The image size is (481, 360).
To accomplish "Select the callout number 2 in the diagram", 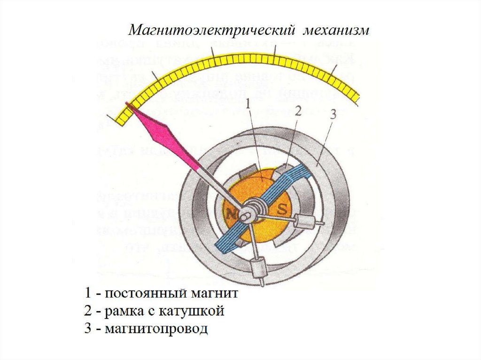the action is pyautogui.click(x=297, y=111).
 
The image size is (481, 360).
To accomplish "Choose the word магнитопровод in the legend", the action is pyautogui.click(x=156, y=329).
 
